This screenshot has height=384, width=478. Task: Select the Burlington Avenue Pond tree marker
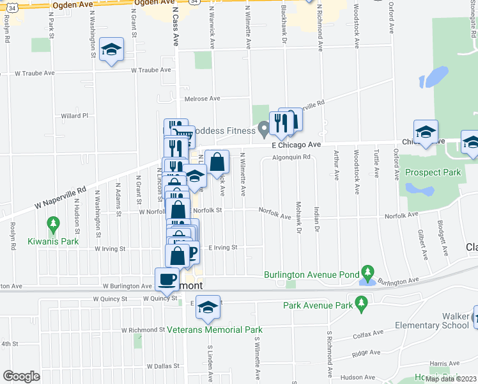(x=367, y=272)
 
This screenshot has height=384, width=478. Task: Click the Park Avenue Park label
(x=318, y=305)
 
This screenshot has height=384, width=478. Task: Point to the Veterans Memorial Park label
(x=215, y=330)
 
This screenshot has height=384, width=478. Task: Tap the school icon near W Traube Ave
(x=112, y=51)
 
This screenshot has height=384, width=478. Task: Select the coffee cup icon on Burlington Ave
(x=167, y=278)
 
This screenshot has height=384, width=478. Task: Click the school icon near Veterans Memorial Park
(x=208, y=307)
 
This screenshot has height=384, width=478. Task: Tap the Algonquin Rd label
(x=291, y=157)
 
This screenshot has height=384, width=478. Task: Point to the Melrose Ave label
(x=202, y=99)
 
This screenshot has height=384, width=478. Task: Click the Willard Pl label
(x=74, y=116)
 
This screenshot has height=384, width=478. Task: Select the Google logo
(x=21, y=376)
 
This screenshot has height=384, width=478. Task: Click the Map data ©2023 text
(x=451, y=379)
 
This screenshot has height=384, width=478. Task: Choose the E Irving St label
(x=222, y=247)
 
